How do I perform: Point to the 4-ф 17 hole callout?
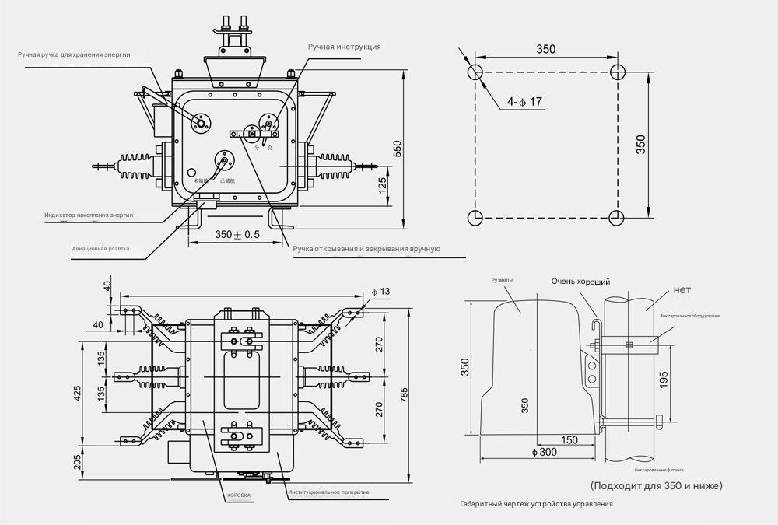coord(524,102)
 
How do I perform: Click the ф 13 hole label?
coord(380,291)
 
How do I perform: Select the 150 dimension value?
coord(568,440)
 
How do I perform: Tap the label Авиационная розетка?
coord(100,250)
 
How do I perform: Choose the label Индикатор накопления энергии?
coord(89,214)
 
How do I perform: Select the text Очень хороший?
coord(580,282)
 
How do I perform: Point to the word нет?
coord(682,290)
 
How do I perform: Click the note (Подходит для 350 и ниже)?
coord(657,485)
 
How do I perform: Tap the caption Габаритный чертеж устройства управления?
coord(536,504)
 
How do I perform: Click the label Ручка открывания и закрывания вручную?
coord(366,249)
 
